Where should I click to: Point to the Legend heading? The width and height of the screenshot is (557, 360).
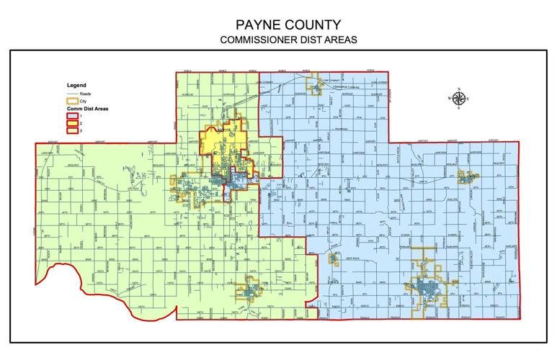click(76, 85)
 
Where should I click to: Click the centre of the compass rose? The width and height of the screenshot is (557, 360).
click(458, 99)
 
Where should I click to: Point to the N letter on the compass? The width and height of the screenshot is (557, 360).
click(458, 89)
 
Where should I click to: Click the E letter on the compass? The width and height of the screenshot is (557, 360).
click(468, 99)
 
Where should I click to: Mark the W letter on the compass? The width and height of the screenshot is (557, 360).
click(448, 99)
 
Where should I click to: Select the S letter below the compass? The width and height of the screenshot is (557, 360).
click(458, 109)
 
